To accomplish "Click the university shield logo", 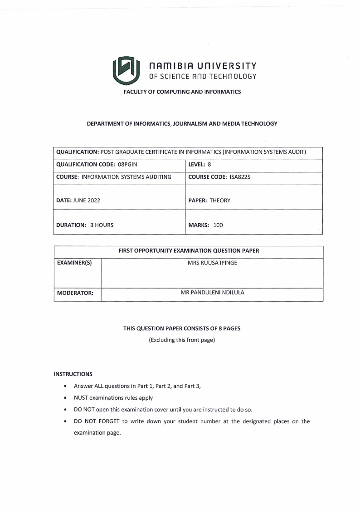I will coord(125,70).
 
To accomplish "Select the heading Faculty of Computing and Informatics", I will coord(182,92).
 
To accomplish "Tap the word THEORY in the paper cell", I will coord(220,201).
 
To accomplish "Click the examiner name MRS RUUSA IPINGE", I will coord(212,263).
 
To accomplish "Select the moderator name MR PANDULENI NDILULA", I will coord(212,293).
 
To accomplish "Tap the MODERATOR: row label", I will coord(75,293).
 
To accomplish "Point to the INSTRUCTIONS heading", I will coord(73,374).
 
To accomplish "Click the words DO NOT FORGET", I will coord(95,421).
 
